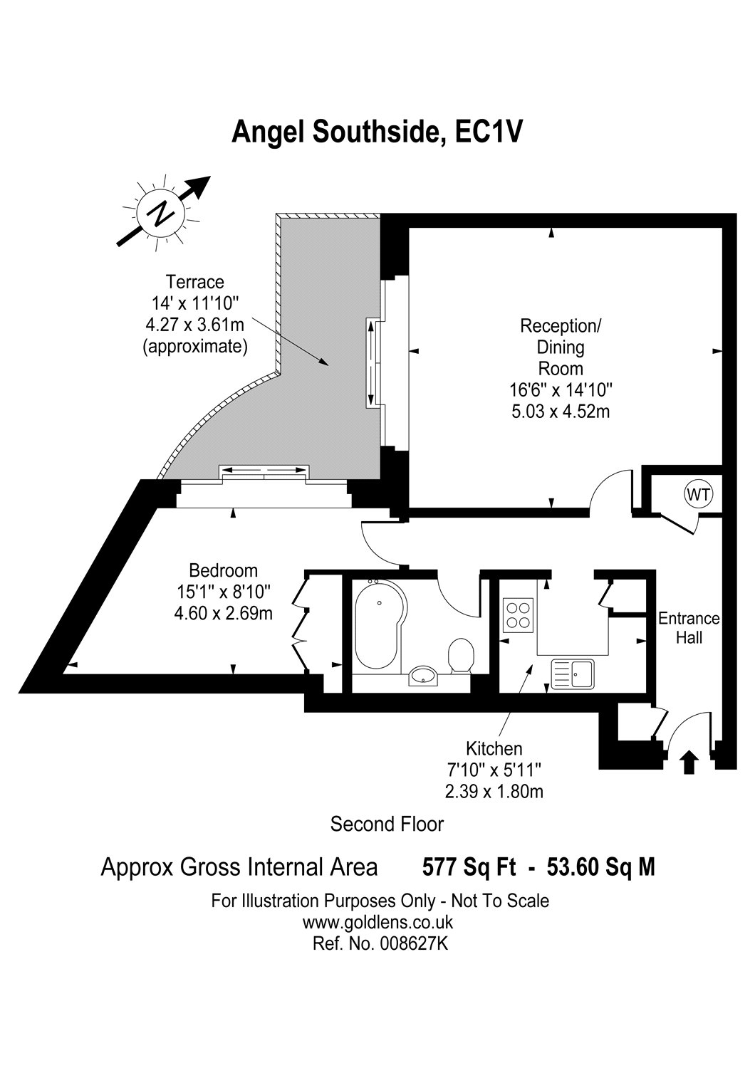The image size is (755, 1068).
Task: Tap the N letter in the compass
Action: pyautogui.click(x=161, y=213)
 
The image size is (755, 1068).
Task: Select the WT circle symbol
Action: pyautogui.click(x=698, y=494)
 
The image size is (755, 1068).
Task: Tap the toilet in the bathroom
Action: pyautogui.click(x=462, y=656)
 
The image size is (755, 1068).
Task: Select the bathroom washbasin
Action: pyautogui.click(x=422, y=676)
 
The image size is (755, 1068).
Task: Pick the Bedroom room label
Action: pyautogui.click(x=223, y=570)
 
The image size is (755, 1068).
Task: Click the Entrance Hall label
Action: pyautogui.click(x=689, y=628)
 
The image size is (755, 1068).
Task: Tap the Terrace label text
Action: pyautogui.click(x=194, y=282)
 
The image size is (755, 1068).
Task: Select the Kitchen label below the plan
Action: pyautogui.click(x=494, y=748)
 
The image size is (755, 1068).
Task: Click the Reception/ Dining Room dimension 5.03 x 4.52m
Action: pyautogui.click(x=561, y=411)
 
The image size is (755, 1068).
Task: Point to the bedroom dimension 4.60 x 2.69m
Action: pyautogui.click(x=223, y=613)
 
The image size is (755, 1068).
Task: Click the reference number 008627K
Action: pyautogui.click(x=414, y=943)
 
